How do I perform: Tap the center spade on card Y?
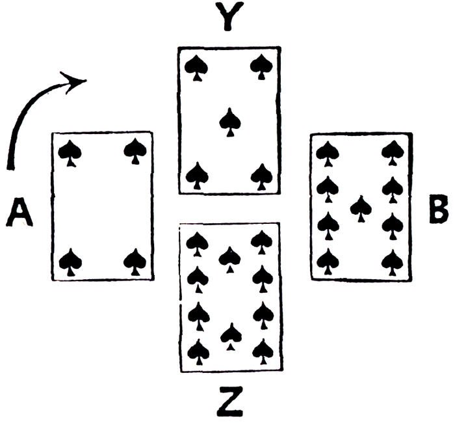[229, 122]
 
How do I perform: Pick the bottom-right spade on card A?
[135, 262]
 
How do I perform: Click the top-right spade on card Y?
[261, 66]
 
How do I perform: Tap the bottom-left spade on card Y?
[197, 175]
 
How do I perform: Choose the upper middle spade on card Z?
[229, 258]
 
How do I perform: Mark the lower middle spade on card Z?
[230, 336]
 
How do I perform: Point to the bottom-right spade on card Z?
[263, 353]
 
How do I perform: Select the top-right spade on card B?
[392, 154]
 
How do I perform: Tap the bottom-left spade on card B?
[328, 262]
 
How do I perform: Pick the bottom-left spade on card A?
[70, 262]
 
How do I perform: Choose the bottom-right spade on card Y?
[261, 175]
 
